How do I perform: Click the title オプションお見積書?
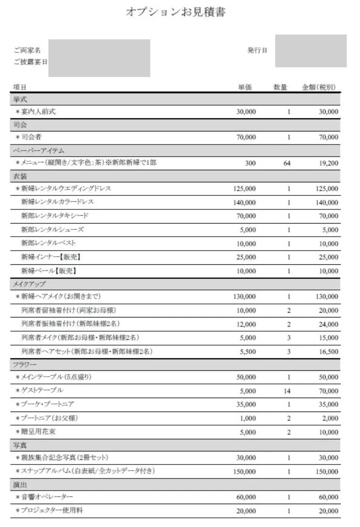coord(175,13)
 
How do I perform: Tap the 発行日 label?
coord(257,50)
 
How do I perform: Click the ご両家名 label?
coord(27,50)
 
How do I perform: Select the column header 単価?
coord(245,87)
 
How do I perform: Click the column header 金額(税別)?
coord(319,87)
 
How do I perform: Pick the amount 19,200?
coord(328,163)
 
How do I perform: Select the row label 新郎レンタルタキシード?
coord(55,215)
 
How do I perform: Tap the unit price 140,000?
coord(245,202)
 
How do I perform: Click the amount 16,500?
coord(328,351)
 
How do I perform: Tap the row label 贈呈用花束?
coord(38,431)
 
